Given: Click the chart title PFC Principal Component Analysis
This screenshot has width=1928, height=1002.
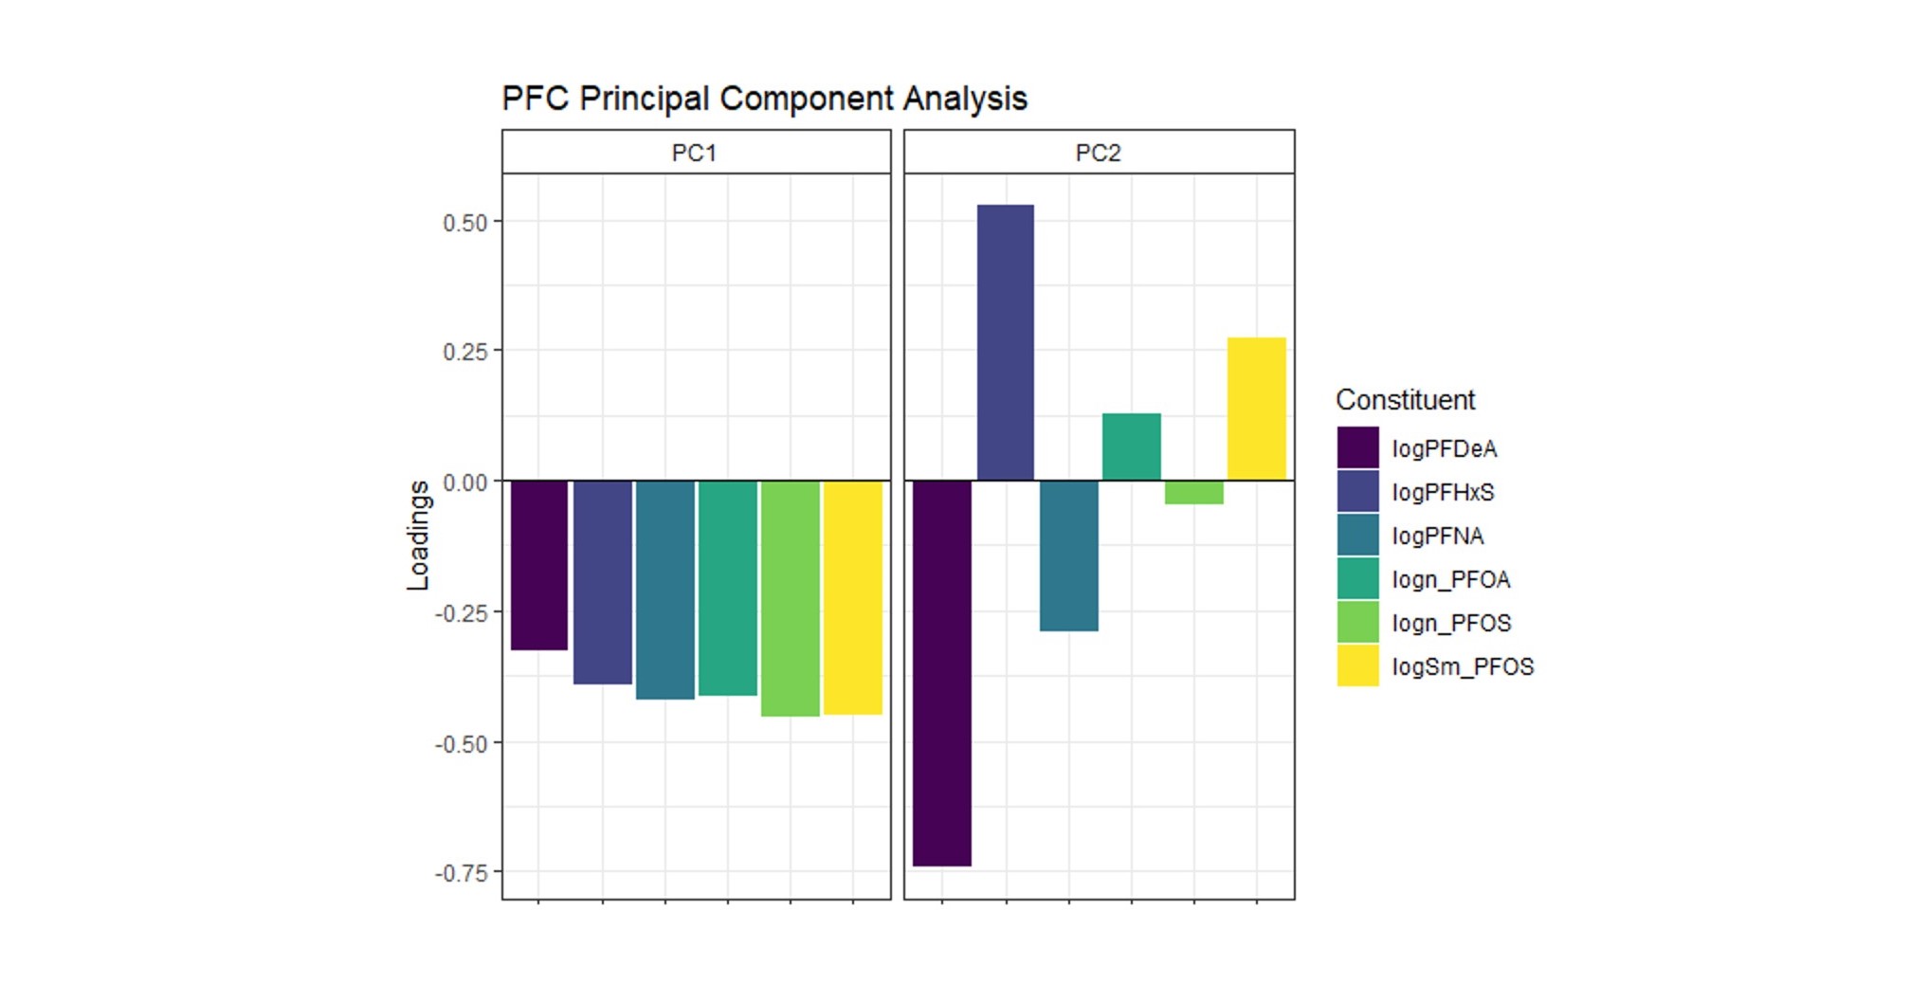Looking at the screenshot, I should [x=764, y=99].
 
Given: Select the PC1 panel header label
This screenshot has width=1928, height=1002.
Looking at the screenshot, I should [x=694, y=153].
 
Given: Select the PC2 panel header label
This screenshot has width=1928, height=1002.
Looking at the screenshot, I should [x=1098, y=153].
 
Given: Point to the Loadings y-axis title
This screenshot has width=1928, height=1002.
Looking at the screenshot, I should [x=418, y=536].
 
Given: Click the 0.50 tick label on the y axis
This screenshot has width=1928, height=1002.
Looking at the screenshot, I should [x=464, y=223].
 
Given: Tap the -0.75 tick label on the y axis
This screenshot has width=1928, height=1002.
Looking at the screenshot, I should [x=462, y=873].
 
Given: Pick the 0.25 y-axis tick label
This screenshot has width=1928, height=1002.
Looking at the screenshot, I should [x=464, y=353].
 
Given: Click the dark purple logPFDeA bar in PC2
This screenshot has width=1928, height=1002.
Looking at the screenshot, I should [x=942, y=673].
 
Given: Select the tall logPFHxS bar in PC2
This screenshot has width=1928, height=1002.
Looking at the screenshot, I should [x=1005, y=342].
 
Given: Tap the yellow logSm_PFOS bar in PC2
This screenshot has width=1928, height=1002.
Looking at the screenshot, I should [x=1256, y=409].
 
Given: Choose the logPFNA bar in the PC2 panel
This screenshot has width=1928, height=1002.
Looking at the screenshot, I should [x=1068, y=556].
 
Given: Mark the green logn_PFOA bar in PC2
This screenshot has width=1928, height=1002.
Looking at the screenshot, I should [x=1131, y=446].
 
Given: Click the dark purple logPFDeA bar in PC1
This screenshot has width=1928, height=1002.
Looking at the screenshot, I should [x=539, y=565].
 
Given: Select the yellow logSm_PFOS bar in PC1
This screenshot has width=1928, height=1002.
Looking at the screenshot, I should [x=852, y=597].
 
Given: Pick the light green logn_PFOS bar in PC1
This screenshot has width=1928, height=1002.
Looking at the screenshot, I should [x=790, y=598].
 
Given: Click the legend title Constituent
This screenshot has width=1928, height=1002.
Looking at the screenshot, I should [x=1405, y=400].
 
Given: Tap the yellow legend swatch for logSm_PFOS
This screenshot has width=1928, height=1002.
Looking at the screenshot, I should [x=1357, y=666].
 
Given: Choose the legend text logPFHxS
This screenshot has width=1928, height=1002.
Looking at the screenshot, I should [x=1443, y=492].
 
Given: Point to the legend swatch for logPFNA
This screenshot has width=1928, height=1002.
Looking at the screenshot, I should [x=1357, y=536].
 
